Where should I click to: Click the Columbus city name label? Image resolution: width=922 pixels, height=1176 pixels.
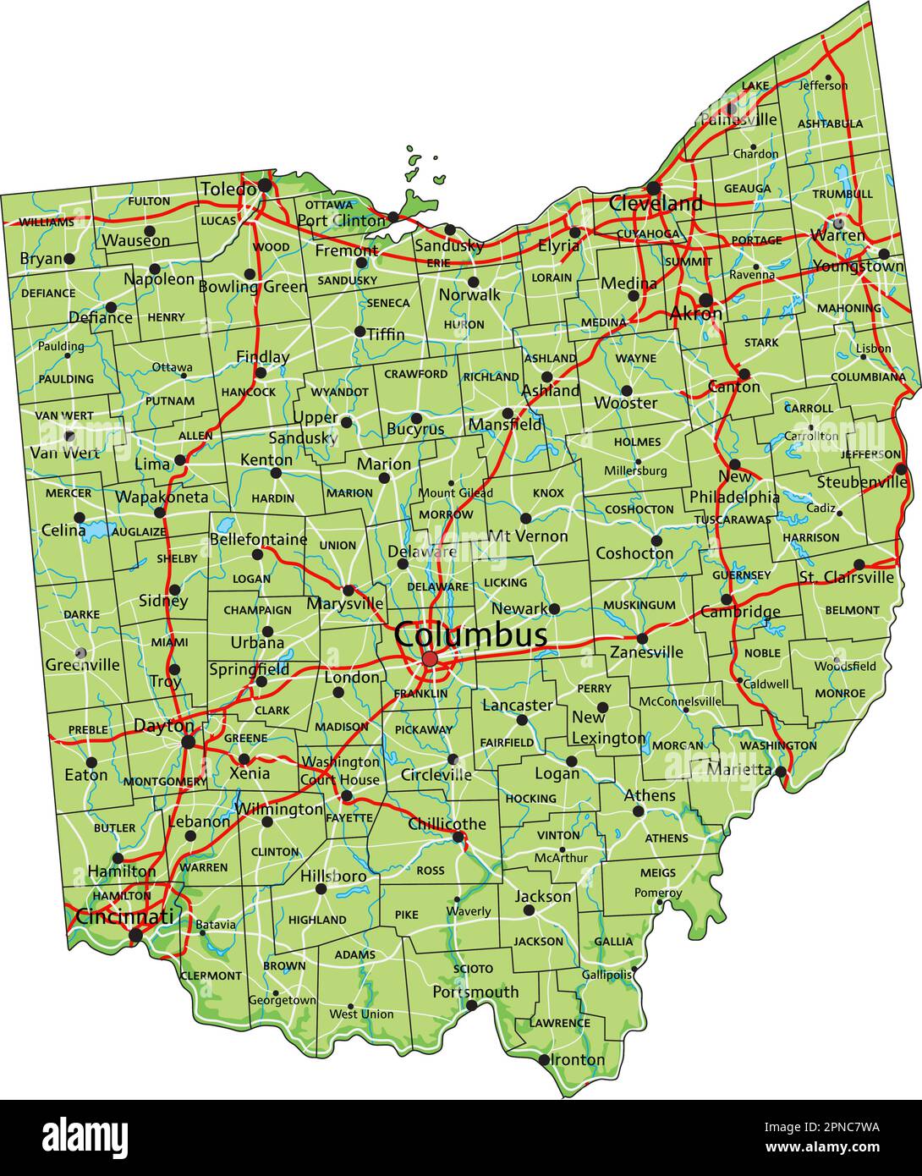(470, 634)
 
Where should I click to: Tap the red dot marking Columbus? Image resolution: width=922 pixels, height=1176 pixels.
(430, 659)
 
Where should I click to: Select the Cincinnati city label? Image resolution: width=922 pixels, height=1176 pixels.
(124, 916)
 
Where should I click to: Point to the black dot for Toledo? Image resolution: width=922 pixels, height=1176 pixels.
(265, 184)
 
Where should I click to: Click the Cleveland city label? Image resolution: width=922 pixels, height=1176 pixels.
(656, 203)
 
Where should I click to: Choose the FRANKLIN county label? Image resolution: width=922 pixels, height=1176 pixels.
(420, 694)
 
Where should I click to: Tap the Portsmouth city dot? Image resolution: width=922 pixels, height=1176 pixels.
(472, 1006)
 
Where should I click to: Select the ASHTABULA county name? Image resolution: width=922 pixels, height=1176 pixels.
(830, 124)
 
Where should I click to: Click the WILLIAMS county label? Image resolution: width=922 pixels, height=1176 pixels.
(46, 222)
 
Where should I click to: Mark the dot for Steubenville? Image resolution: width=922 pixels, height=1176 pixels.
(901, 470)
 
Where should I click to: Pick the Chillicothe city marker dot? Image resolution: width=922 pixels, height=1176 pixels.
(458, 838)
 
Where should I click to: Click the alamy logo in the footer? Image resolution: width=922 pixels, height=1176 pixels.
(85, 1136)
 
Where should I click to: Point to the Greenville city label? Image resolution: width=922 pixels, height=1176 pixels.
(82, 665)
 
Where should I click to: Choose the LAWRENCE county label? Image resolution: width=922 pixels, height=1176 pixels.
(559, 1023)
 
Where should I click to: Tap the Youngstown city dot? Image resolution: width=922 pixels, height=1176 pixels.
(884, 254)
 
